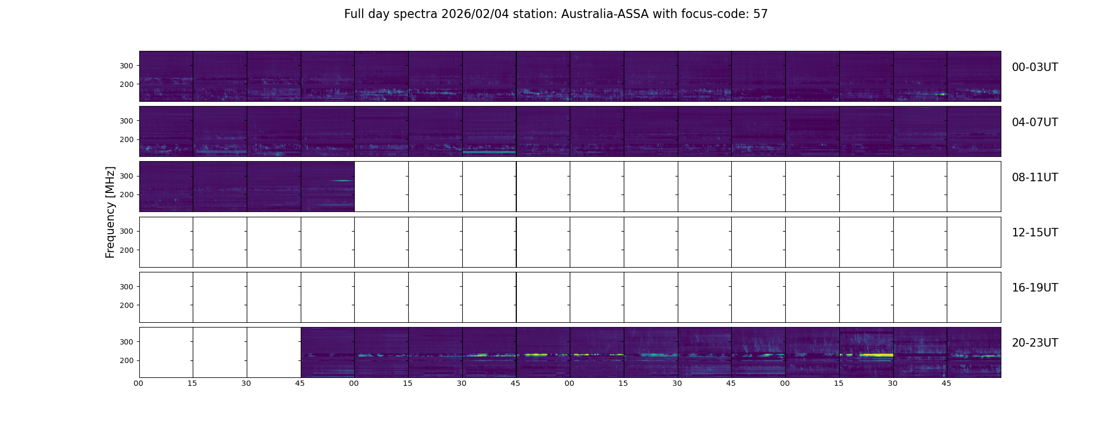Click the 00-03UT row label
[1035, 67]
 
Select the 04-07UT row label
[1035, 122]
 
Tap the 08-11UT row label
[1035, 178]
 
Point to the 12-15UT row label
[1035, 233]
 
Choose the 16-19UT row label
[1035, 288]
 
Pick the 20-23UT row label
[1035, 343]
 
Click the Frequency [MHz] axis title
[110, 212]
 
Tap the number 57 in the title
[760, 14]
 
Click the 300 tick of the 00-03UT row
[126, 66]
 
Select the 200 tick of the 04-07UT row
[126, 139]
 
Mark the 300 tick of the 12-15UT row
[126, 231]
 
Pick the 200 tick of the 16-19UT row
[126, 305]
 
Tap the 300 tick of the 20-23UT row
[126, 342]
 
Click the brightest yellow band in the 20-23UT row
[876, 355]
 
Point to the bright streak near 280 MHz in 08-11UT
[342, 181]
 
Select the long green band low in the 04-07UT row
[489, 152]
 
